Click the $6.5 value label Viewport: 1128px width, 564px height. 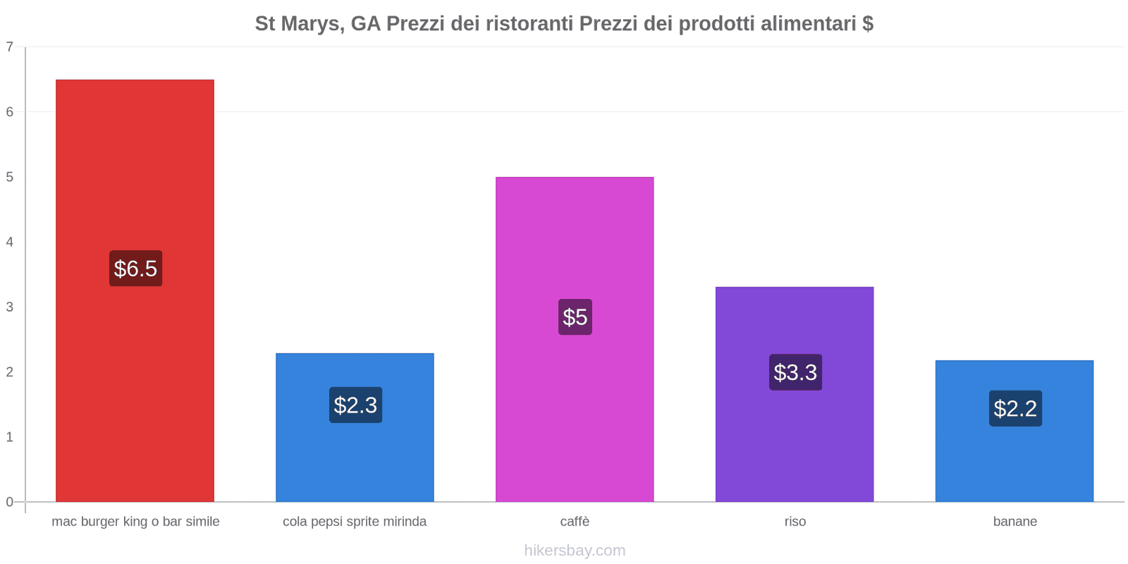[135, 269]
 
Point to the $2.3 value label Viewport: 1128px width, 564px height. [355, 405]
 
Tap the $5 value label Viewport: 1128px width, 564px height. [575, 317]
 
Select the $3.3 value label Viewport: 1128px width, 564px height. [795, 372]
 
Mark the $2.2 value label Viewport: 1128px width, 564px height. [1015, 408]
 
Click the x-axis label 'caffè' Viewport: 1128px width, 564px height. [575, 522]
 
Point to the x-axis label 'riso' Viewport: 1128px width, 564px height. [795, 522]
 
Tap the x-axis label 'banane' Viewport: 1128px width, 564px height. [1014, 522]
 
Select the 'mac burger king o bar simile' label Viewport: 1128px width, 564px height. [135, 522]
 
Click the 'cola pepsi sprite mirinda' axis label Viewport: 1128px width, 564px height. [355, 522]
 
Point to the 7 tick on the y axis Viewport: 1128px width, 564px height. [10, 47]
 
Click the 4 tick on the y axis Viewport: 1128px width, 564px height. [10, 243]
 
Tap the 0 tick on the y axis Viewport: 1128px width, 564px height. [10, 502]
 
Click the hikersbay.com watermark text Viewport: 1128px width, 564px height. [575, 551]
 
